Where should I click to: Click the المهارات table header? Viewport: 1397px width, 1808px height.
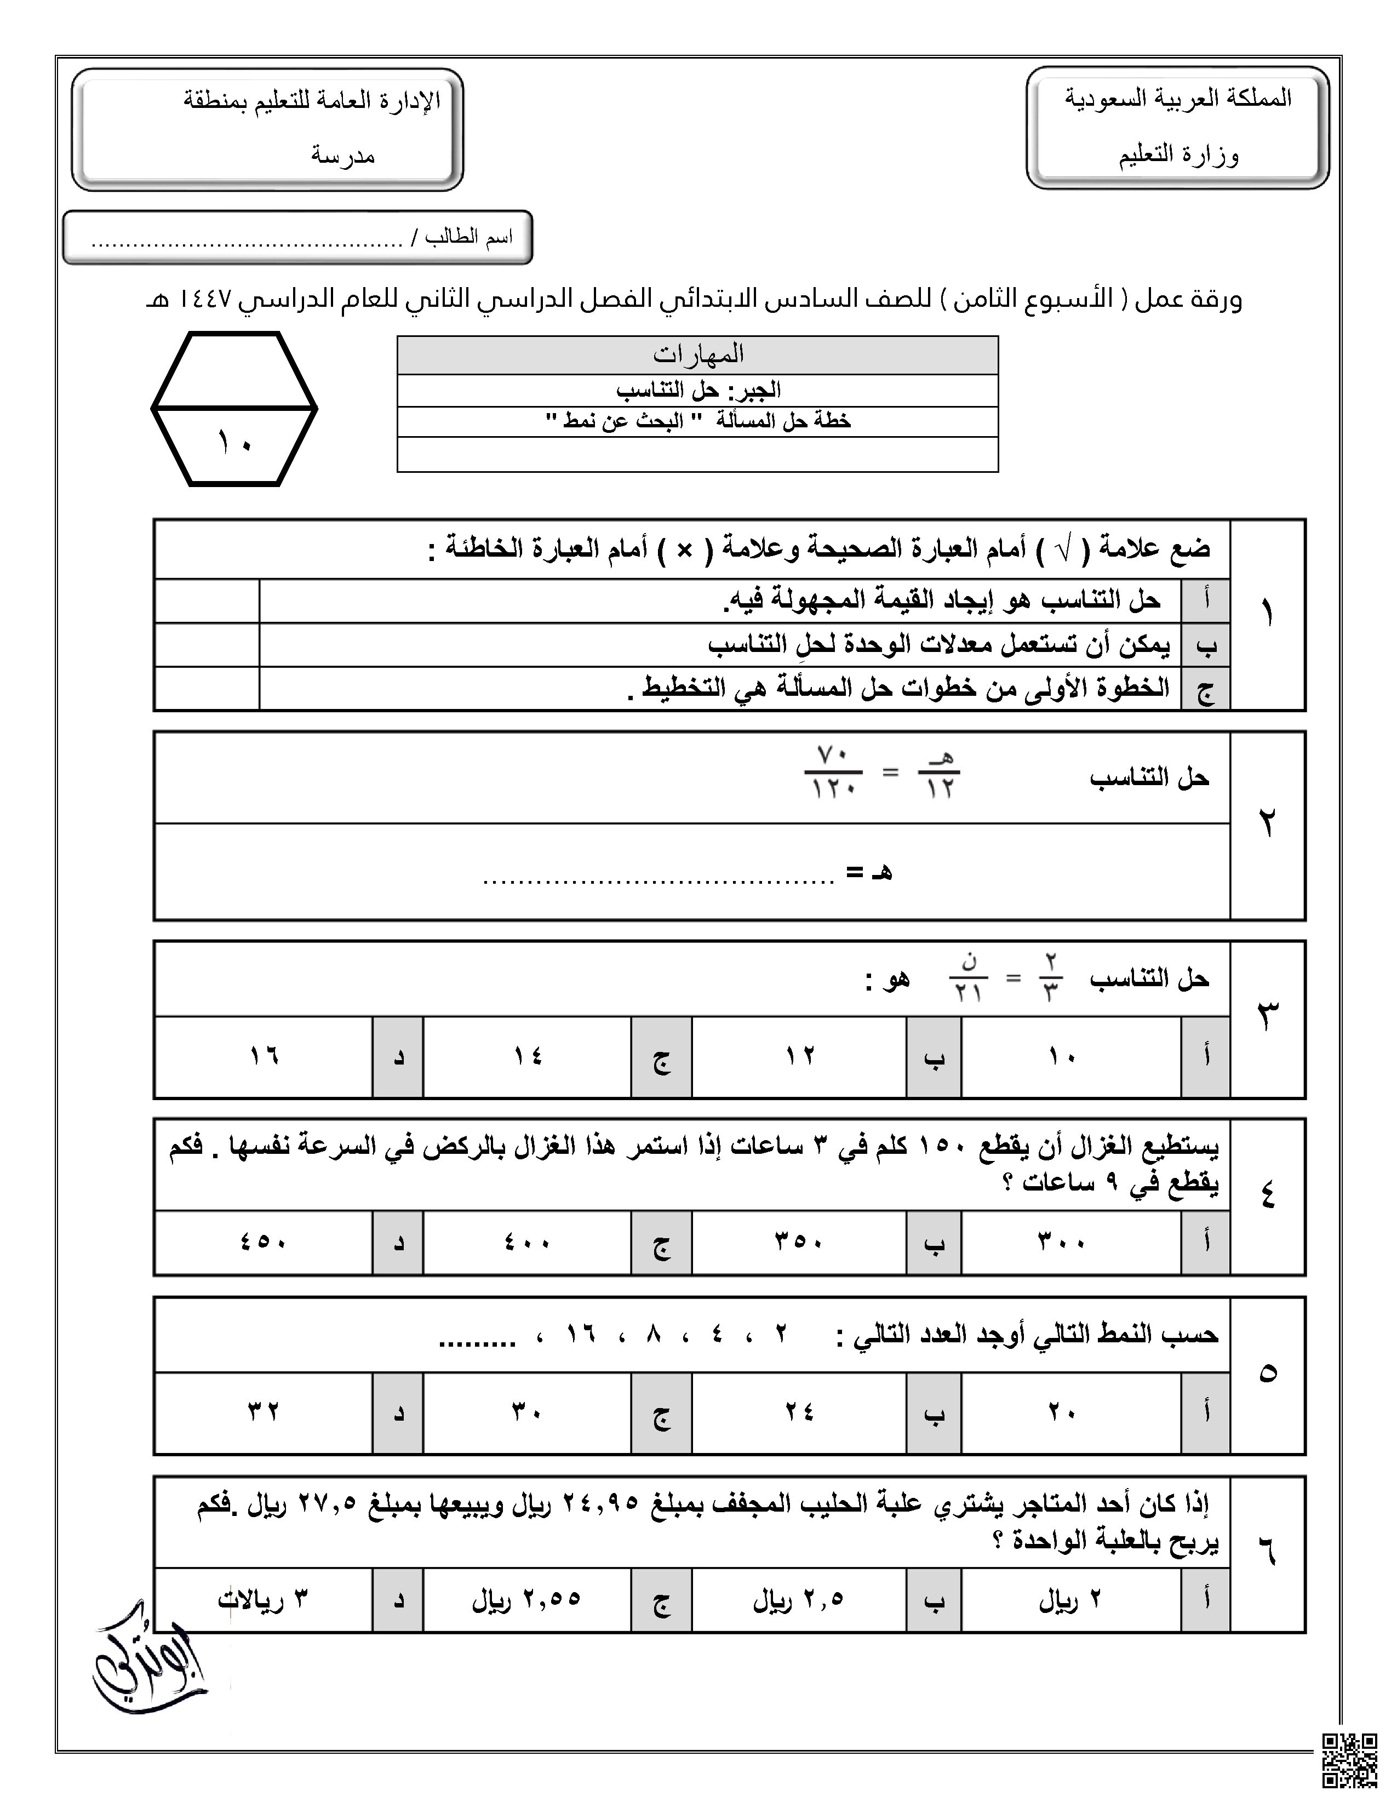(697, 354)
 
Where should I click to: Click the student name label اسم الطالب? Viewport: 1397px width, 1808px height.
(470, 238)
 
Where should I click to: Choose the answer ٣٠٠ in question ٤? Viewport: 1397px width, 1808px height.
(1062, 1241)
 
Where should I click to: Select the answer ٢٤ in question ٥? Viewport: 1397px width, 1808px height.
(799, 1411)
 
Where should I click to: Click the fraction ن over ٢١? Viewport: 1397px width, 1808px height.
(967, 977)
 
